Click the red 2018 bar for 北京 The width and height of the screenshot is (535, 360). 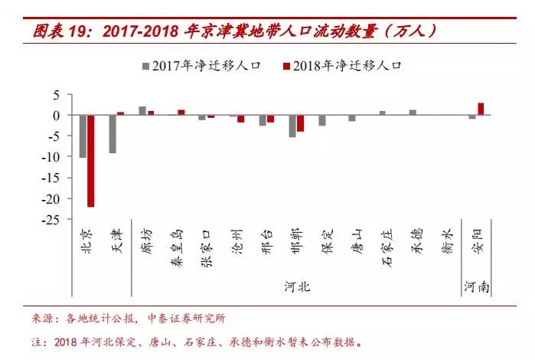pyautogui.click(x=90, y=161)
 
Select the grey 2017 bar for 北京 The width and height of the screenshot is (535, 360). pyautogui.click(x=83, y=136)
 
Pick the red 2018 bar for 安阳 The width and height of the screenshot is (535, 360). pyautogui.click(x=481, y=109)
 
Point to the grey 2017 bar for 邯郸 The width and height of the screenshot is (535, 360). pyautogui.click(x=292, y=126)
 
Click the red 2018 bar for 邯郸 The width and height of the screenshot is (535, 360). pyautogui.click(x=300, y=123)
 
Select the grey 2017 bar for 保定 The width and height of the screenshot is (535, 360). pyautogui.click(x=322, y=120)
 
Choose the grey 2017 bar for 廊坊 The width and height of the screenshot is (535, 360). pyautogui.click(x=142, y=111)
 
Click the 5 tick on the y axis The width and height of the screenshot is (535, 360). pyautogui.click(x=55, y=95)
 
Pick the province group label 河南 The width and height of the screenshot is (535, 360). pyautogui.click(x=476, y=287)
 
